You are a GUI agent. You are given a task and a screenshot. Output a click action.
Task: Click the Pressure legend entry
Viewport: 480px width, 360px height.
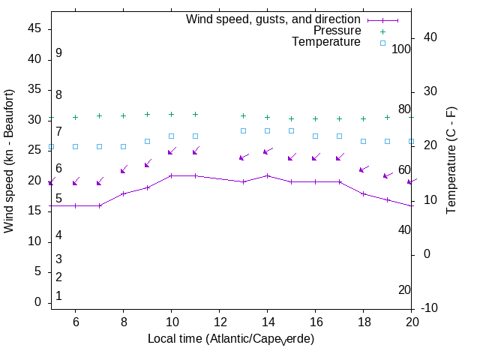tap(337, 31)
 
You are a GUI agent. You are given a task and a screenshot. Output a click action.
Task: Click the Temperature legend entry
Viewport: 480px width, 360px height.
tap(326, 42)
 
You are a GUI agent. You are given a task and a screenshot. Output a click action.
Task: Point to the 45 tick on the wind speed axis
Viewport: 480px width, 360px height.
tap(34, 28)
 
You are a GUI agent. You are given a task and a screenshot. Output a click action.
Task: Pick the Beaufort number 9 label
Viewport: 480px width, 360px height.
tap(58, 53)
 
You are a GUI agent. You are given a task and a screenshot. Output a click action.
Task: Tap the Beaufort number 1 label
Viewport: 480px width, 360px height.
tap(58, 296)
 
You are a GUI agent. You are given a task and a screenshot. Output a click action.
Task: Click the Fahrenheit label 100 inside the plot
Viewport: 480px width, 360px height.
tap(402, 49)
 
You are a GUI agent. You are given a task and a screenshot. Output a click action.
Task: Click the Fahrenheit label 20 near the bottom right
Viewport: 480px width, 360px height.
tap(404, 289)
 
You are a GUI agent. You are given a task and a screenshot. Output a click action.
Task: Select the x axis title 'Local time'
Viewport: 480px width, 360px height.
tap(230, 339)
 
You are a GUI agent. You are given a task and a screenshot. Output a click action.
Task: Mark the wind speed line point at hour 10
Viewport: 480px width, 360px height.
tap(171, 175)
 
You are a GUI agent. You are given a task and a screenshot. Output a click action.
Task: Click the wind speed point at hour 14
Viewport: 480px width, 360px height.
tap(267, 175)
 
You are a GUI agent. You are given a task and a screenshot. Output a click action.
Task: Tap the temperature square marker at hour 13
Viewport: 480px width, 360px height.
tap(243, 130)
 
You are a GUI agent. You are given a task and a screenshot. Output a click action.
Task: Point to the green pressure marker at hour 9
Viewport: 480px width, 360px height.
tap(147, 115)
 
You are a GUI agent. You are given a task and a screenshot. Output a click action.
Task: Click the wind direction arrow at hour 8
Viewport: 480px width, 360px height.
tap(124, 170)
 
